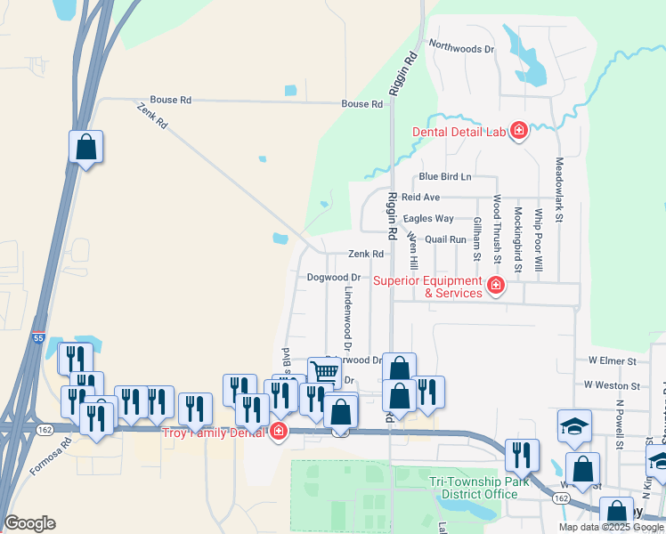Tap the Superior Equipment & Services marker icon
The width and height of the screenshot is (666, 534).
(x=496, y=287)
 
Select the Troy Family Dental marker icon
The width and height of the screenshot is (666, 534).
(x=279, y=432)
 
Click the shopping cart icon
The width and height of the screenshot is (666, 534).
(x=325, y=372)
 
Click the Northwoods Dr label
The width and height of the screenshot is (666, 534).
(x=460, y=49)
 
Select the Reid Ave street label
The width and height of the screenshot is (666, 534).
(x=420, y=197)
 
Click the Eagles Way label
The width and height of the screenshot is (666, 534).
(x=428, y=218)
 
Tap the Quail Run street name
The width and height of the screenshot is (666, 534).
(x=446, y=239)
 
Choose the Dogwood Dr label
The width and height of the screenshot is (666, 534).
(x=333, y=278)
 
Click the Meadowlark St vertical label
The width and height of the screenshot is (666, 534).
(x=560, y=190)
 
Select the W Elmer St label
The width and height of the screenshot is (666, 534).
(x=612, y=361)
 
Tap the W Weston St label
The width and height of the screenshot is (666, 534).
(x=612, y=385)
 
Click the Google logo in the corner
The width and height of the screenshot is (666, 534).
(x=29, y=523)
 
